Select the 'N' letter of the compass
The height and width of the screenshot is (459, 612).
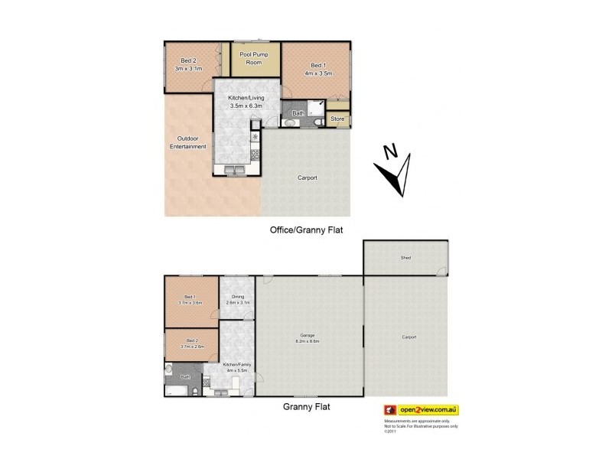tap(389, 151)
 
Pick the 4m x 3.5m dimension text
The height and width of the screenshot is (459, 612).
tap(317, 73)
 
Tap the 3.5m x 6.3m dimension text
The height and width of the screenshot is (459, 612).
tap(246, 106)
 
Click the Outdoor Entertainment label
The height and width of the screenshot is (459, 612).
tap(188, 143)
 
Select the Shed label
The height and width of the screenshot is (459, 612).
tap(405, 258)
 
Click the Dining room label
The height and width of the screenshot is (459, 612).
tap(238, 298)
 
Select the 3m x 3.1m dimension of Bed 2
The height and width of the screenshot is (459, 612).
tap(189, 68)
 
